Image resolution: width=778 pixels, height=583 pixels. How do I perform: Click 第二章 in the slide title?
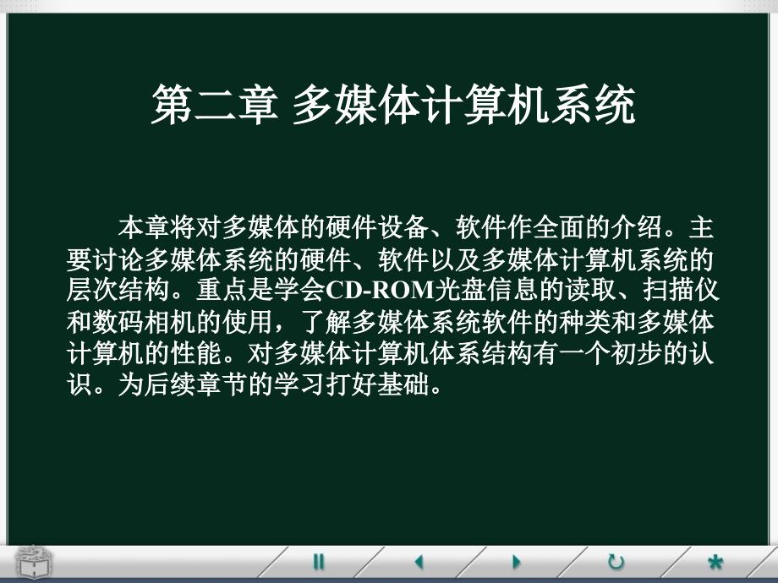tap(214, 104)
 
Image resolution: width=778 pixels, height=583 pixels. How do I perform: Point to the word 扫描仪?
tap(681, 290)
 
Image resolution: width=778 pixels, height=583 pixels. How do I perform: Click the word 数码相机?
tap(144, 322)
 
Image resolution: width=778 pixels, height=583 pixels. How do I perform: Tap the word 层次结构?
tap(118, 290)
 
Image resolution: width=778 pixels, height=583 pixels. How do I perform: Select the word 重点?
tap(222, 290)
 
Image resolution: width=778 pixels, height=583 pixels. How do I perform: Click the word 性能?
tap(195, 353)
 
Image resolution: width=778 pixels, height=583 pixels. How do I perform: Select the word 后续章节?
tap(195, 384)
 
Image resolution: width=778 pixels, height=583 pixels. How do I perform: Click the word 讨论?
tap(118, 259)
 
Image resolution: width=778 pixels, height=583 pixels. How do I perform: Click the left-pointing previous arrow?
tap(419, 562)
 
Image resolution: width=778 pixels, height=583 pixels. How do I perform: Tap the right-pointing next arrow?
tap(516, 562)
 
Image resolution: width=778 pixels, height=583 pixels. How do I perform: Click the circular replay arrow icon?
tap(616, 562)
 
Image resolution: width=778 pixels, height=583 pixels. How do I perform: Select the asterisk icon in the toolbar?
tap(715, 562)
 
